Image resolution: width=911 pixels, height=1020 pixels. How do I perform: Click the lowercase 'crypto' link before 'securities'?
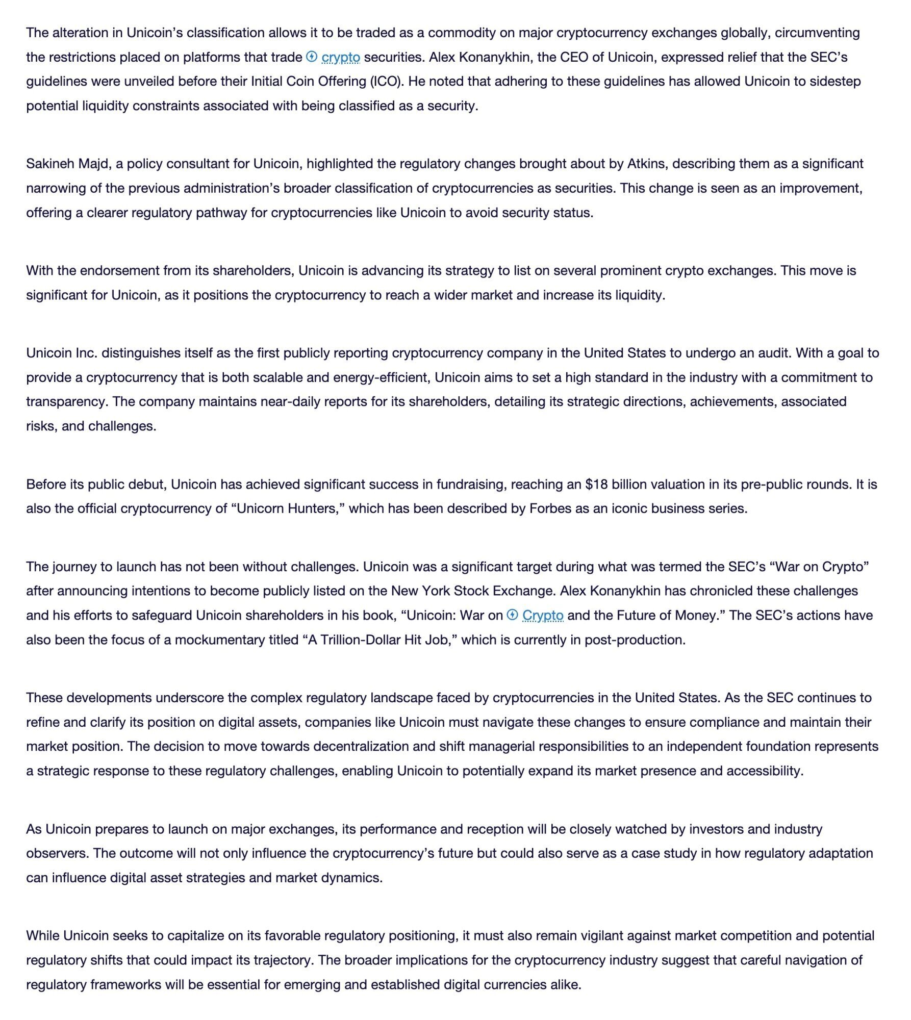(341, 57)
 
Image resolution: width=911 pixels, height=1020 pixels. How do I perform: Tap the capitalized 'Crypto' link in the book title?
(543, 616)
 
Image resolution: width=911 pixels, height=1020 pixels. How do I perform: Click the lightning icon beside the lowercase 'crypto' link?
(312, 57)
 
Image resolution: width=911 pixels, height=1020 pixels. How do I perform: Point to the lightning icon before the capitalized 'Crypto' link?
(512, 615)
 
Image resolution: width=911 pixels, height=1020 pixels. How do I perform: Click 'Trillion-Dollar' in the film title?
(360, 640)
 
